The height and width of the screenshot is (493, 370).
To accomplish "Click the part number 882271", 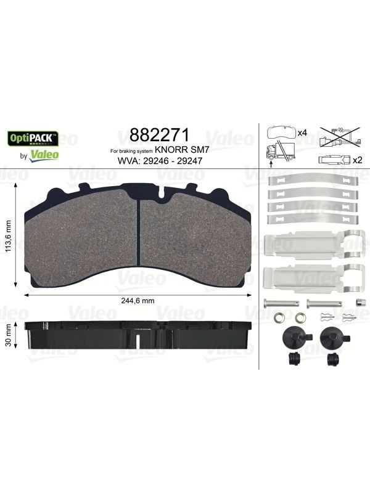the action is click(160, 135).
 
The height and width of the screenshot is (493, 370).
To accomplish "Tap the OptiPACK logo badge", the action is click(33, 138).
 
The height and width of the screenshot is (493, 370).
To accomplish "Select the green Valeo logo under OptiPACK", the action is click(44, 155).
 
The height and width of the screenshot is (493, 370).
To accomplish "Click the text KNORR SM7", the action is click(182, 150).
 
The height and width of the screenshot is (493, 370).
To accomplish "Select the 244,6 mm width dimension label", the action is click(138, 301).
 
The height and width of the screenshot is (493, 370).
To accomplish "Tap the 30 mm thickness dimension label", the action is click(9, 335).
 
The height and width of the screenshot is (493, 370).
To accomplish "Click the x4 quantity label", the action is click(302, 133).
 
